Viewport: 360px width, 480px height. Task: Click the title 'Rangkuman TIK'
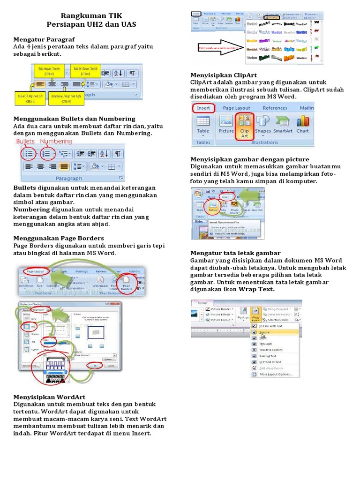(x=91, y=15)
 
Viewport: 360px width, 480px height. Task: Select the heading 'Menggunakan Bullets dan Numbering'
(x=75, y=119)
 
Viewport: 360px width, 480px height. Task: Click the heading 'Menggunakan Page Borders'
(x=59, y=238)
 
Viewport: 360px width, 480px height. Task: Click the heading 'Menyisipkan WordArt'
(x=49, y=397)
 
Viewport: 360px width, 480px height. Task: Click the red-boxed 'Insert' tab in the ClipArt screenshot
(x=203, y=108)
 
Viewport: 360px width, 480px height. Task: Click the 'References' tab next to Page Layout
(x=275, y=108)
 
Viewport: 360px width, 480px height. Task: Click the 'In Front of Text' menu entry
(x=270, y=362)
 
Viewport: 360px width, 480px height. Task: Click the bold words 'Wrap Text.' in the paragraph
(x=256, y=290)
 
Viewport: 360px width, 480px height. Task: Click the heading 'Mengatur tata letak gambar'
(x=235, y=253)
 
